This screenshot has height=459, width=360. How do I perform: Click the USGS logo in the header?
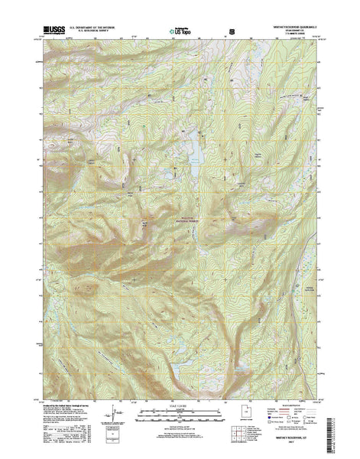(x=50, y=28)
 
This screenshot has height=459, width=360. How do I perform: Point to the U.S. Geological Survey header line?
(x=95, y=30)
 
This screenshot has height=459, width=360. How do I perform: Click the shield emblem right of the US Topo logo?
(x=232, y=29)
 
